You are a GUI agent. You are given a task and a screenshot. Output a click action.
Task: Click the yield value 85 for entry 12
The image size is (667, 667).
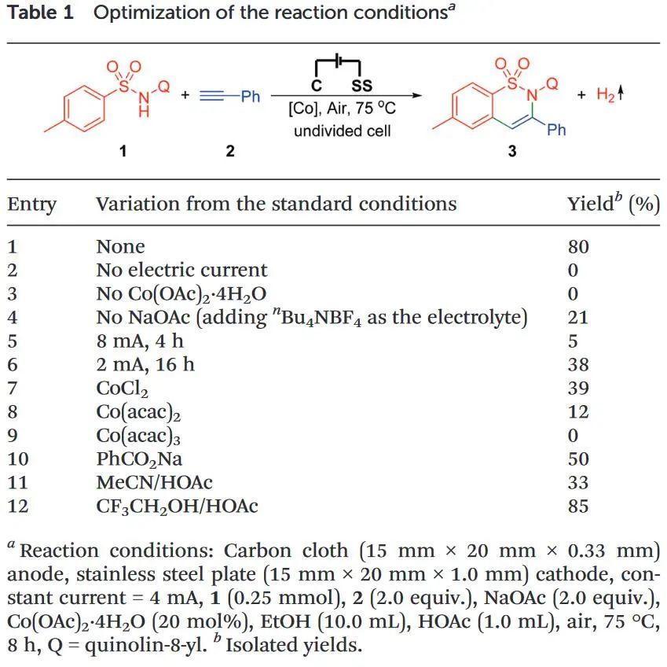577,507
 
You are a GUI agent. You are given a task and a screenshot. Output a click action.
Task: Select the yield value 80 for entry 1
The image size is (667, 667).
577,247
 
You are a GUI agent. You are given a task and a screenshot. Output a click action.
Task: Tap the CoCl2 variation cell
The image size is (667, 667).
122,389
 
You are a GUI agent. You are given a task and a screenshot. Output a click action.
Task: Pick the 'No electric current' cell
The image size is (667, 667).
181,271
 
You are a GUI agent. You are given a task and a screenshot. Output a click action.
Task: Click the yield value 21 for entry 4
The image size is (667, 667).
577,318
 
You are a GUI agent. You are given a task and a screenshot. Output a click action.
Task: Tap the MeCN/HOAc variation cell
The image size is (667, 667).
154,483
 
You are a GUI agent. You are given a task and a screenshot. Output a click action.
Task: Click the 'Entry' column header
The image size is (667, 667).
32,205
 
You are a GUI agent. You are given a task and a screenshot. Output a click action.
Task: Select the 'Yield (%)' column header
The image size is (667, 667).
613,205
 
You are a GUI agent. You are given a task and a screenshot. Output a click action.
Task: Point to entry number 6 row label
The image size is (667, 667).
13,365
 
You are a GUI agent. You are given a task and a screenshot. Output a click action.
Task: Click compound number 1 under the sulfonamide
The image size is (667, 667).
123,151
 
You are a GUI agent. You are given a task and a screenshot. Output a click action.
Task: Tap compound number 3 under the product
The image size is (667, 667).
511,151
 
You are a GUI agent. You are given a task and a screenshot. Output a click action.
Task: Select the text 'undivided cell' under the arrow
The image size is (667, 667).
343,131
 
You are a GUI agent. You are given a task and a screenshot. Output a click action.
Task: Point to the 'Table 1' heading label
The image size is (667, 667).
40,13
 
